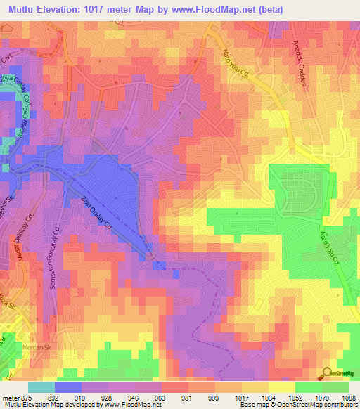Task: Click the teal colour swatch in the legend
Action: pos(41,387)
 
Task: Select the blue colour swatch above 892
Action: pos(67,387)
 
